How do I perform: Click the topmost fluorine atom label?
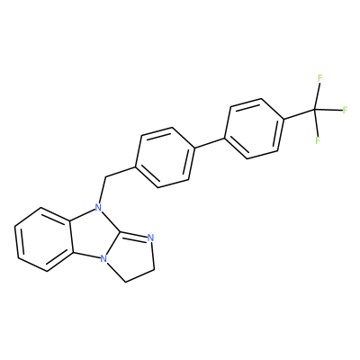pyautogui.click(x=319, y=78)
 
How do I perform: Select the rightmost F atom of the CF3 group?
pyautogui.click(x=345, y=110)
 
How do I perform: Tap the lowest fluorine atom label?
pyautogui.click(x=318, y=140)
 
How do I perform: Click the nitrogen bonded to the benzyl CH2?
pyautogui.click(x=97, y=207)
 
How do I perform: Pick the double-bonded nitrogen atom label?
pyautogui.click(x=150, y=238)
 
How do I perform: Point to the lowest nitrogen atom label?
pyautogui.click(x=103, y=258)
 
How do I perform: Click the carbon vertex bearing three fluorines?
pyautogui.click(x=315, y=110)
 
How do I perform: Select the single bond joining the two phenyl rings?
pyautogui.click(x=210, y=142)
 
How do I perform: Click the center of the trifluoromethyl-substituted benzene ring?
pyautogui.click(x=254, y=129)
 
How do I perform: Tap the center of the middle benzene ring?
pyautogui.click(x=166, y=157)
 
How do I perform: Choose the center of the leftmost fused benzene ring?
pyautogui.click(x=44, y=239)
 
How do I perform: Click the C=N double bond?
pyautogui.click(x=134, y=234)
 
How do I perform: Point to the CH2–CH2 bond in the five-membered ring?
pyautogui.click(x=139, y=275)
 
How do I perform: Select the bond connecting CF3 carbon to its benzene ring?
pyautogui.click(x=299, y=114)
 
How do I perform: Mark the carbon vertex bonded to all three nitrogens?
pyautogui.click(x=121, y=231)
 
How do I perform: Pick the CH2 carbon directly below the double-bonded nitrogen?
pyautogui.click(x=154, y=269)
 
